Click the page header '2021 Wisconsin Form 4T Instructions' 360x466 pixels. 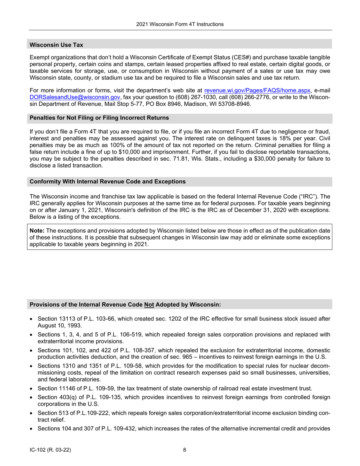coord(180,24)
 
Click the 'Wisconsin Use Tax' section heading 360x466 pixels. coord(56,45)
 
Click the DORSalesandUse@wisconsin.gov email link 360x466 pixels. coord(75,97)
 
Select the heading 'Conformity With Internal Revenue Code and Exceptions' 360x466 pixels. coord(108,181)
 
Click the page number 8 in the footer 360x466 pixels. coord(185,450)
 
